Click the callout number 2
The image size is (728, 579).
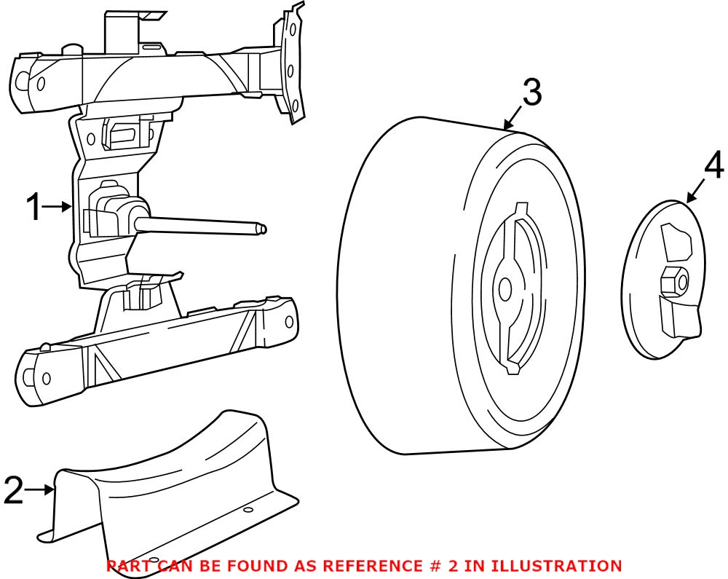coord(13,489)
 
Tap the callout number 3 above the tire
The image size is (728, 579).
coord(532,93)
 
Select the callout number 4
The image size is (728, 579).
coord(713,165)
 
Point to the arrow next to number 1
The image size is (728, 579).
coord(59,207)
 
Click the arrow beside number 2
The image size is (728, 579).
coord(40,489)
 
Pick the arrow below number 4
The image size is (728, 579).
coord(696,191)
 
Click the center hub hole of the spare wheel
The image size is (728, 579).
coord(505,289)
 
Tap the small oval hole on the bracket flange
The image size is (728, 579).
coord(249,510)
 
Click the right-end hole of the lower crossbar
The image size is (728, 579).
coord(289,322)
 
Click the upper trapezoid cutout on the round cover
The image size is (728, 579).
coord(676,243)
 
